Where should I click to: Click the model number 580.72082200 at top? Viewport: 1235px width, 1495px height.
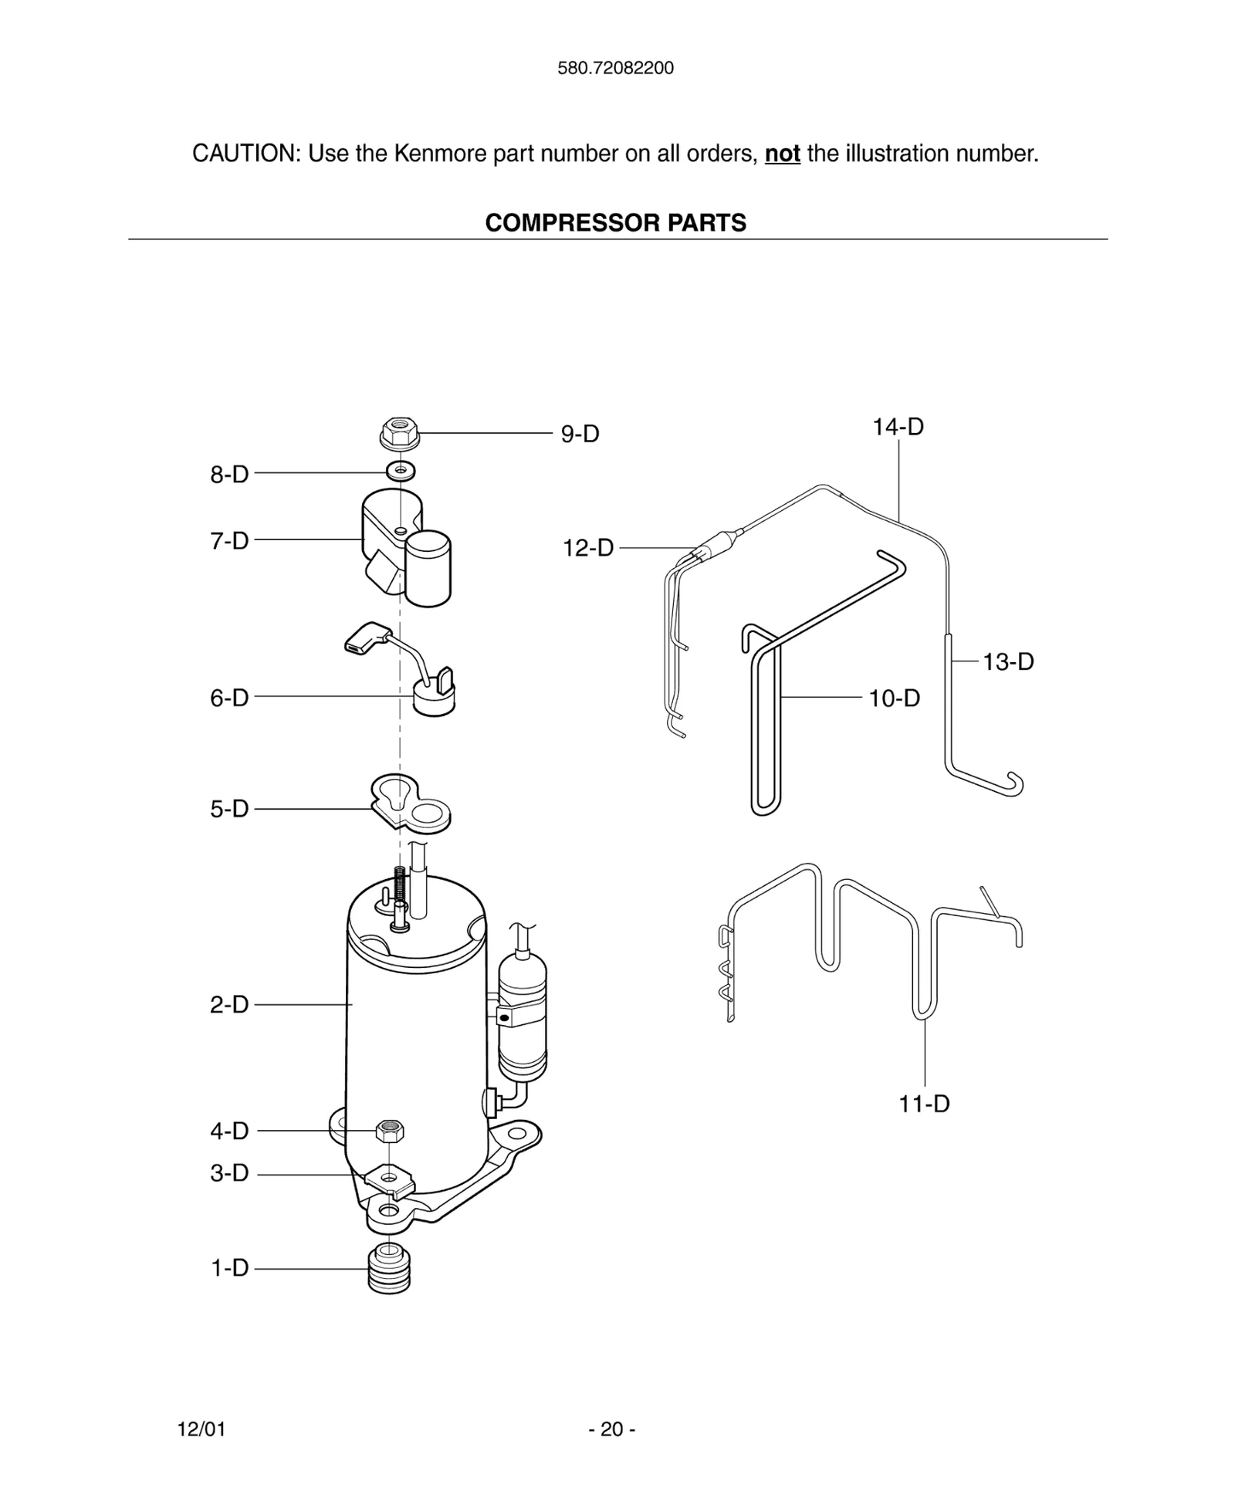click(615, 68)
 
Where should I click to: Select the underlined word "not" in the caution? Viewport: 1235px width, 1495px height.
click(782, 154)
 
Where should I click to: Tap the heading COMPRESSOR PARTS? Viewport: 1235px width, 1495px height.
click(615, 223)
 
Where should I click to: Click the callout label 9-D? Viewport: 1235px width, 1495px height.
click(580, 434)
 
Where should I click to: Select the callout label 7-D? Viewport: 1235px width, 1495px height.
click(229, 540)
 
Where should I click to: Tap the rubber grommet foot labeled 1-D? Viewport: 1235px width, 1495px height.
click(390, 1268)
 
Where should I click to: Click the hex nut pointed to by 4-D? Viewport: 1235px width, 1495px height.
click(390, 1131)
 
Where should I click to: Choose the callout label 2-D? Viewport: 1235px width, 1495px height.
click(229, 1004)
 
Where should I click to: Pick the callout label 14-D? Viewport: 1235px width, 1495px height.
click(898, 427)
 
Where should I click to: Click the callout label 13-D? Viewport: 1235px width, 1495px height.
click(1007, 661)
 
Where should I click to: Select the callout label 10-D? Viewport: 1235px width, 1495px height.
click(894, 698)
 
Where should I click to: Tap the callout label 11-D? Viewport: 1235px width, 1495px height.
click(924, 1104)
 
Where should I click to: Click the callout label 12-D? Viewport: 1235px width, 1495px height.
click(588, 548)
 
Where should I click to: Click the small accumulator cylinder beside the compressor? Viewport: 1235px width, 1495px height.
click(523, 1015)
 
